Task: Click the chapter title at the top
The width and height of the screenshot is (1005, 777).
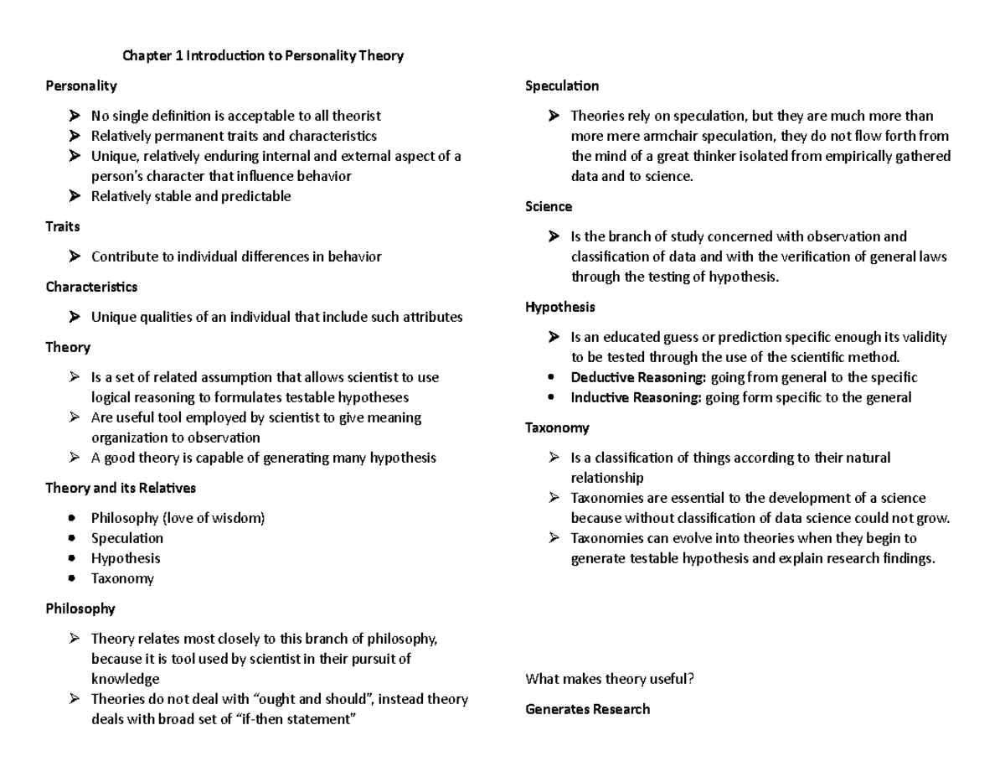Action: [263, 56]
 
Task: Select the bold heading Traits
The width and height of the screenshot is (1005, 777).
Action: [63, 226]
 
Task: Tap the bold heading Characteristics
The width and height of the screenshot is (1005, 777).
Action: [91, 287]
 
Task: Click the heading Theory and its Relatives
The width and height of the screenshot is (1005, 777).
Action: [121, 488]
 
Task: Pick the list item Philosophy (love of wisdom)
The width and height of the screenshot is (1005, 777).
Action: [178, 518]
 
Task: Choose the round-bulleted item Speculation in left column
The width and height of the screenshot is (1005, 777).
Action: [127, 538]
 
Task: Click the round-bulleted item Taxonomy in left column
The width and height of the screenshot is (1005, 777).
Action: [122, 578]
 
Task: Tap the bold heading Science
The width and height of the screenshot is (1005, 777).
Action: [549, 206]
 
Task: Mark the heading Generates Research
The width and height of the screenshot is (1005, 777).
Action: [587, 709]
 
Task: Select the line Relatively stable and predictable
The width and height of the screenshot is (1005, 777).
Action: [191, 196]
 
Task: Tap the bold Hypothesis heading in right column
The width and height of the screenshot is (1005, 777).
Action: [559, 307]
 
